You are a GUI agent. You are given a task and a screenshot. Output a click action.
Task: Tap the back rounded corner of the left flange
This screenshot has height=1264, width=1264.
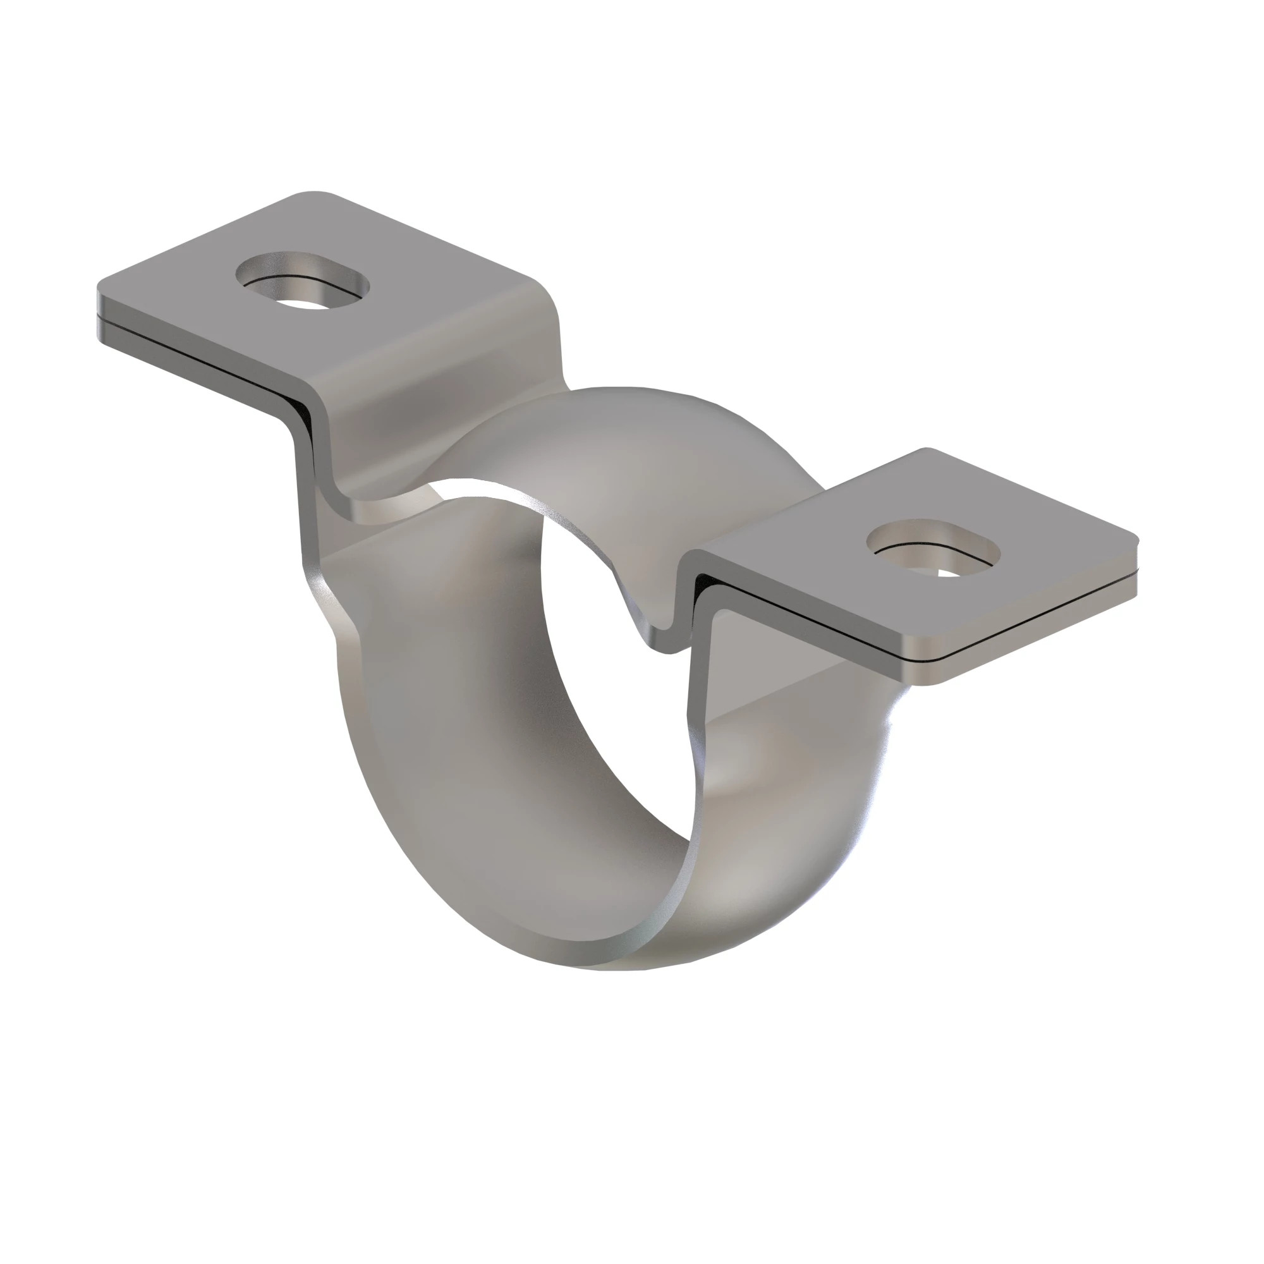click(x=314, y=195)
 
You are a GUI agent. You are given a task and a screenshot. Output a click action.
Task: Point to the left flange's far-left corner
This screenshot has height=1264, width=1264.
click(x=100, y=291)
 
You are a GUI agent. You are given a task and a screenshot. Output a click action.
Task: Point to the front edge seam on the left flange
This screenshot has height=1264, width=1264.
click(x=197, y=353)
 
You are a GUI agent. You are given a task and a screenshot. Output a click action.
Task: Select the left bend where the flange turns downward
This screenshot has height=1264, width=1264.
click(x=308, y=419)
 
